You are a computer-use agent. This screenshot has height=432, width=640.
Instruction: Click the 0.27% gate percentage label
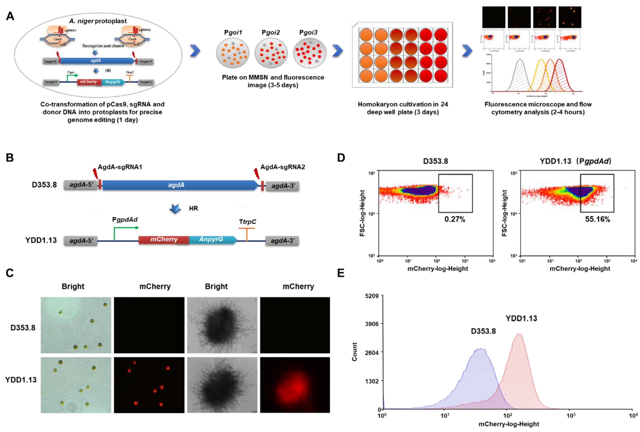[x=455, y=219]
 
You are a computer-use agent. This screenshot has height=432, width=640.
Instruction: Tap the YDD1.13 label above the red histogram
[x=521, y=318]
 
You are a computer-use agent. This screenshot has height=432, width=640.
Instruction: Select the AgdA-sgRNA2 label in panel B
[x=283, y=167]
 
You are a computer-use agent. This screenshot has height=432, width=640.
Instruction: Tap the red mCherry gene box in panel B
[x=164, y=239]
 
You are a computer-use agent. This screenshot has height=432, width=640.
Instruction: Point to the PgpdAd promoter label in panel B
[x=125, y=220]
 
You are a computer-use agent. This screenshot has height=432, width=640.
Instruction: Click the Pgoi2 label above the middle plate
[x=270, y=33]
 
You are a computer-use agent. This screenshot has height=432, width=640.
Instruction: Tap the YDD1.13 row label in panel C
[x=21, y=380]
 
